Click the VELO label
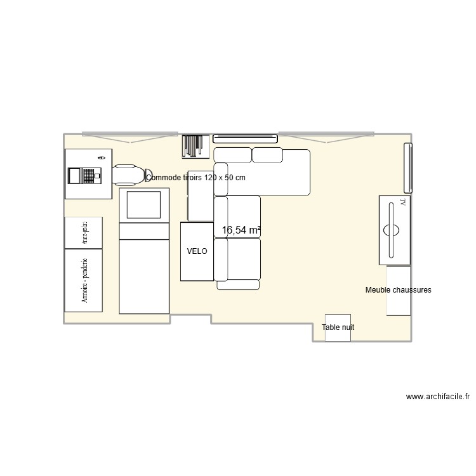pyautogui.click(x=197, y=251)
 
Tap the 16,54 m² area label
pyautogui.click(x=241, y=230)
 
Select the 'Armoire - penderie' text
pyautogui.click(x=84, y=280)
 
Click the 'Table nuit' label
pyautogui.click(x=338, y=327)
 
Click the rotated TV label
pyautogui.click(x=402, y=202)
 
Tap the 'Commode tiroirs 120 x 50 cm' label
pyautogui.click(x=195, y=178)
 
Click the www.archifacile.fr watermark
pyautogui.click(x=438, y=398)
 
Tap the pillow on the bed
pyautogui.click(x=144, y=204)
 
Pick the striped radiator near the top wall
pyautogui.click(x=192, y=145)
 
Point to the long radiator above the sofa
pyautogui.click(x=245, y=138)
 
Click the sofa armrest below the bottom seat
pyautogui.click(x=238, y=285)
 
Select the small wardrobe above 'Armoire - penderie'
pyautogui.click(x=83, y=232)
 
